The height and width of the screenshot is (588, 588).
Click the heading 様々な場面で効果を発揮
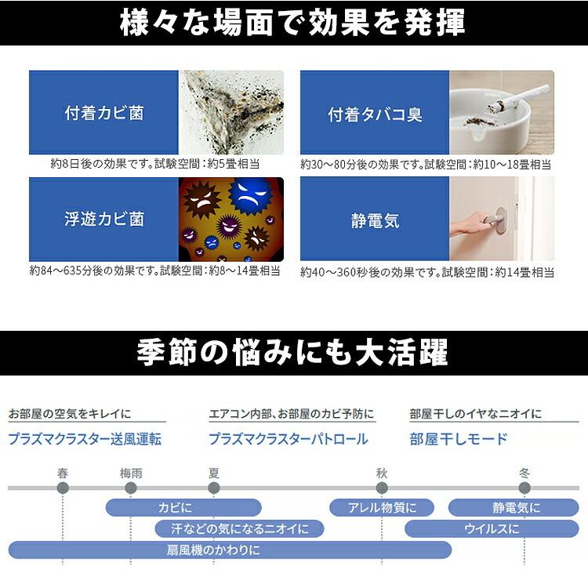click(293, 23)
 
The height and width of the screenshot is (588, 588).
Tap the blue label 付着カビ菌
click(103, 113)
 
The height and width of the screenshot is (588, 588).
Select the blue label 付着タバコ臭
click(375, 113)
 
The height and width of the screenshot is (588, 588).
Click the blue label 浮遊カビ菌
click(103, 219)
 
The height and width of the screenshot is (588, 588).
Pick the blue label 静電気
click(375, 220)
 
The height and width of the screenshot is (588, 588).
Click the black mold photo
click(231, 113)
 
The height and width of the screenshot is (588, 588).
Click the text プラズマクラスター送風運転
click(85, 439)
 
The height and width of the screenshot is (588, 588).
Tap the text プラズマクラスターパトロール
click(288, 439)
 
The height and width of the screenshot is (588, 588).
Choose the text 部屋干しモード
click(459, 439)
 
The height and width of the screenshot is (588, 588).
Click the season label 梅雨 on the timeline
click(130, 473)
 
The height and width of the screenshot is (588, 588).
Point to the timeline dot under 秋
click(382, 488)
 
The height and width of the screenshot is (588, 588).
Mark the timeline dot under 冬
click(524, 488)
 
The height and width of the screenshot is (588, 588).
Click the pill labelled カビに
click(183, 507)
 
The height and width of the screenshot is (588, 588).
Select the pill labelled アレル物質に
click(381, 507)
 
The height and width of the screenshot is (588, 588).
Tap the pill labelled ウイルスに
click(491, 528)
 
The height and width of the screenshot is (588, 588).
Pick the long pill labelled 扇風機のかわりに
click(229, 550)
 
